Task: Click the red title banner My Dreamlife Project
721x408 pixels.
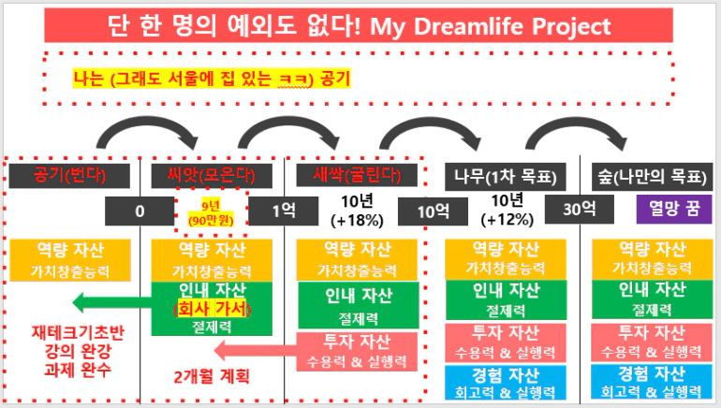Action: point(360,25)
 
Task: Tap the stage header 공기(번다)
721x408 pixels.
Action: point(70,175)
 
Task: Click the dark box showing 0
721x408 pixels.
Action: point(140,211)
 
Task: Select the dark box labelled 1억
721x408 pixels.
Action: point(284,211)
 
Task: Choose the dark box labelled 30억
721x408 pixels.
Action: point(571,211)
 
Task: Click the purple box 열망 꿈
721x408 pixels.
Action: point(666,211)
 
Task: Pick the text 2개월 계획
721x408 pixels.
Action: point(213,377)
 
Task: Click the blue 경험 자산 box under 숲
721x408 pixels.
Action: point(649,382)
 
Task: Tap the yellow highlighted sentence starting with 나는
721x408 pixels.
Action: point(211,78)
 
